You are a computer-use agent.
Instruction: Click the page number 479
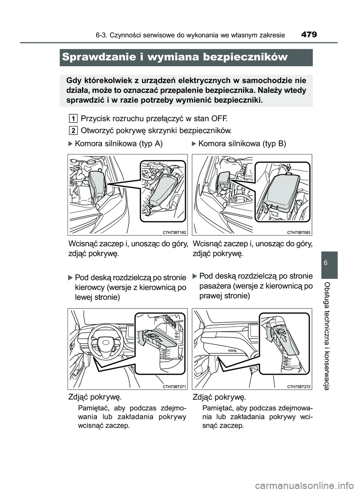pyautogui.click(x=309, y=35)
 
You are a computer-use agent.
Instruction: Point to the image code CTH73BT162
pyautogui.click(x=174, y=232)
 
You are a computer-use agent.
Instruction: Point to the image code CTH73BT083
pyautogui.click(x=299, y=232)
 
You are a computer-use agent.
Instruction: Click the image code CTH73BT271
pyautogui.click(x=174, y=386)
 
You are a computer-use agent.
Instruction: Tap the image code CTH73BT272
pyautogui.click(x=299, y=386)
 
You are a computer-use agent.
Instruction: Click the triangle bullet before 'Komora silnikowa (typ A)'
pyautogui.click(x=70, y=144)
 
